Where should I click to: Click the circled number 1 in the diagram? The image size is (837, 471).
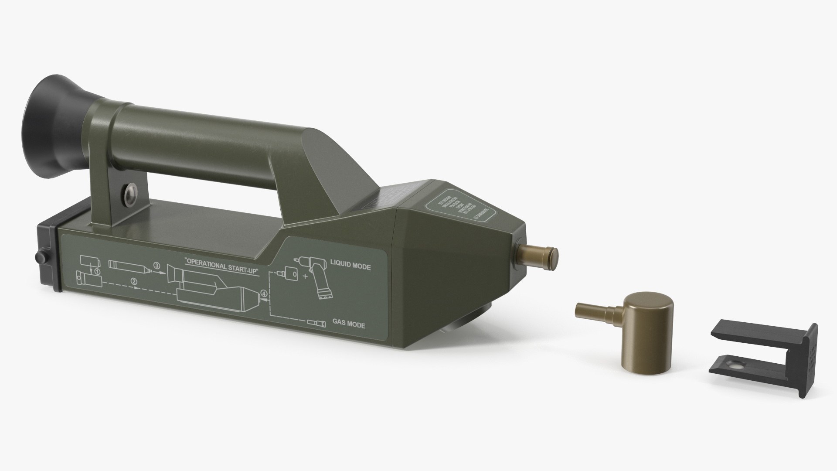pyautogui.click(x=98, y=271)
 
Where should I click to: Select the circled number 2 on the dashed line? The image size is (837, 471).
pyautogui.click(x=134, y=281)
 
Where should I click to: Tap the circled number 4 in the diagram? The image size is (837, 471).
pyautogui.click(x=263, y=293)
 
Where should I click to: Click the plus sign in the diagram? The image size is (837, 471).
pyautogui.click(x=305, y=276)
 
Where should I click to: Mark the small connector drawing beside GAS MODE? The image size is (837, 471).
pyautogui.click(x=316, y=323)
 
